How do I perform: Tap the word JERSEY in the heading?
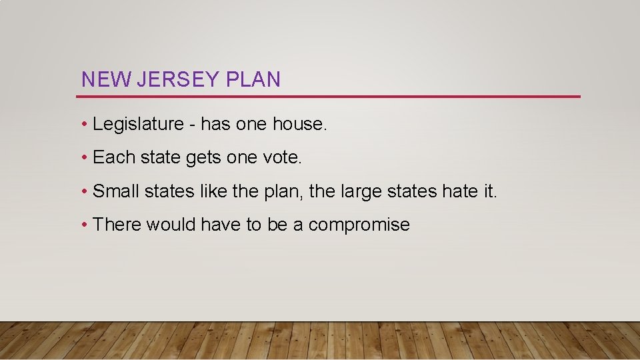click(x=178, y=80)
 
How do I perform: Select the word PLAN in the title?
click(x=253, y=80)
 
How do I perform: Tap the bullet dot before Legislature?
click(x=85, y=125)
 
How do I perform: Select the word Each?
click(x=114, y=157)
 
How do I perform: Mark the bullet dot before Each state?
click(x=85, y=158)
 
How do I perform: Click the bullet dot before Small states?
click(x=85, y=192)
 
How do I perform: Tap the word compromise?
click(x=359, y=225)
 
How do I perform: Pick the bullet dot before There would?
click(x=85, y=225)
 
